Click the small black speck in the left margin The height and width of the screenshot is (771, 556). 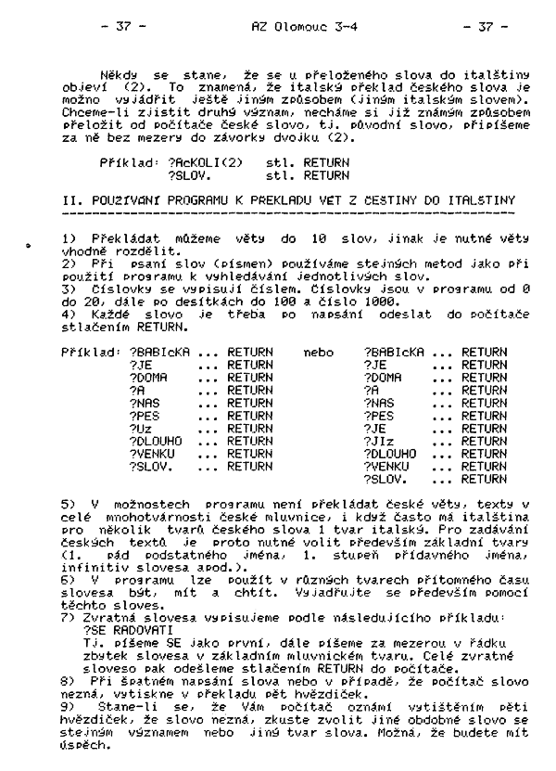[x=30, y=249]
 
